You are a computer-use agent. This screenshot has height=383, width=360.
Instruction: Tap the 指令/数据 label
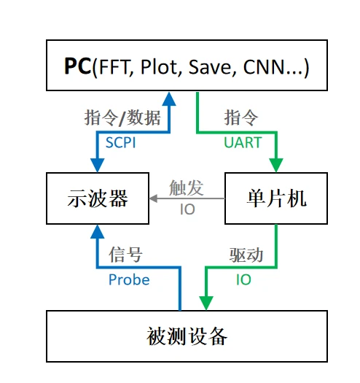click(122, 119)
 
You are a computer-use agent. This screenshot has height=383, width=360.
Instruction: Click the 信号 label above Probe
click(125, 255)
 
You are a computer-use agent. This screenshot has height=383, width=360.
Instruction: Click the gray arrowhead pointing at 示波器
click(154, 198)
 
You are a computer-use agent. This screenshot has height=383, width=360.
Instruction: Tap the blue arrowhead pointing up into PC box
click(169, 97)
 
